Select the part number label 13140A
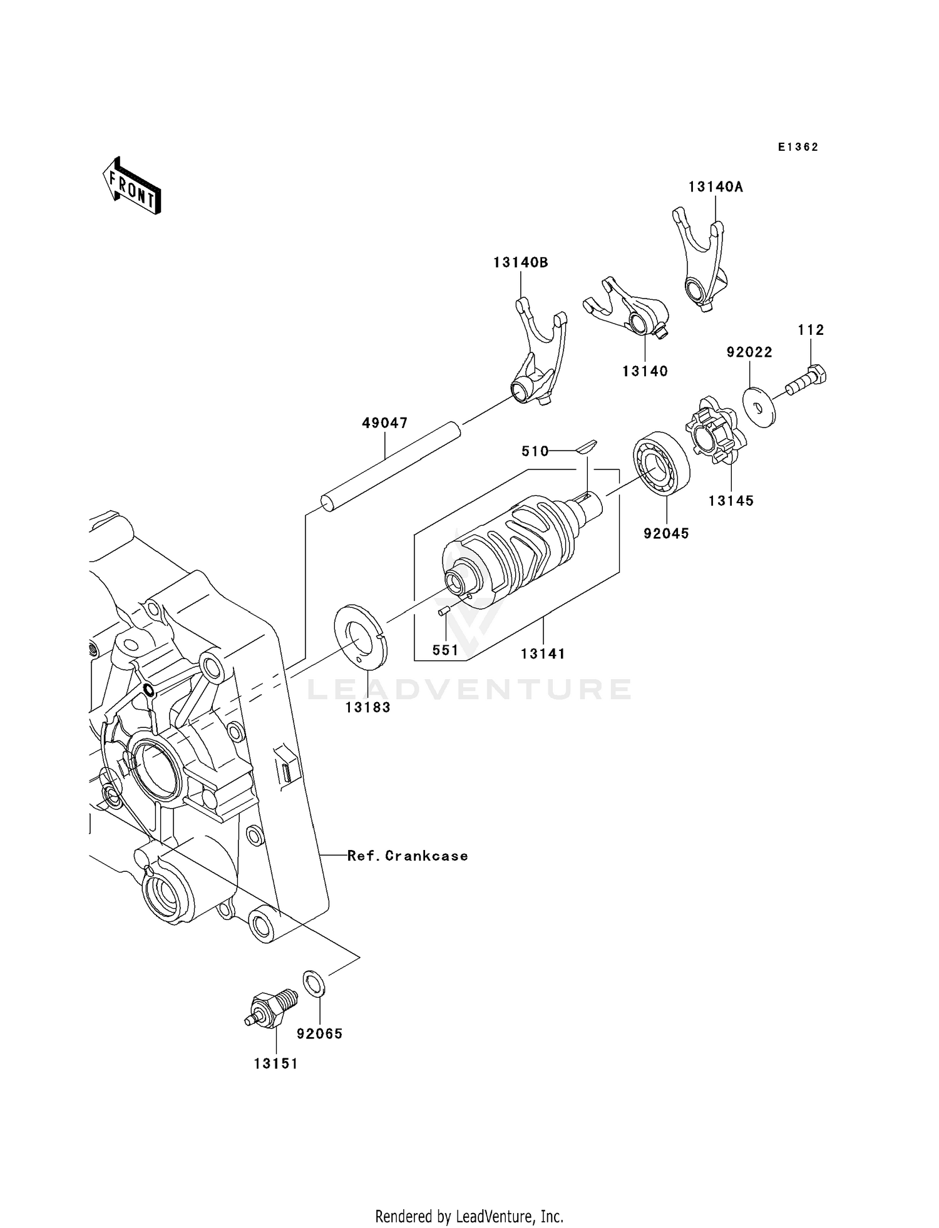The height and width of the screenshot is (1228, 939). [715, 187]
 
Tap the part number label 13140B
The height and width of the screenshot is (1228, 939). [520, 263]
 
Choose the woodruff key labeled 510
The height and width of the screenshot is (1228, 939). [587, 446]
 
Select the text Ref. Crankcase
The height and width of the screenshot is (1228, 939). [408, 856]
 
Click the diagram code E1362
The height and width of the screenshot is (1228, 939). [798, 147]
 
